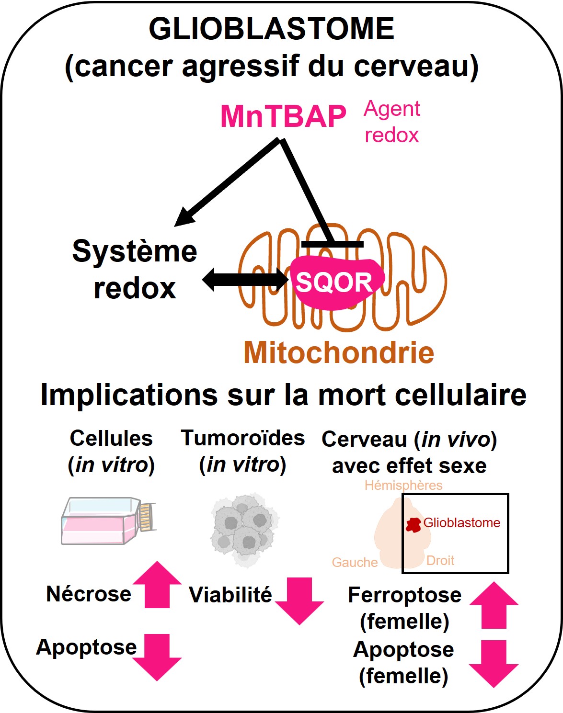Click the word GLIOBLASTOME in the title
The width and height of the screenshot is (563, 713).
point(271,29)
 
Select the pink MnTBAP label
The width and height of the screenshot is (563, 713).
point(283,116)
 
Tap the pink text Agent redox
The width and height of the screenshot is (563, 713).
point(392,122)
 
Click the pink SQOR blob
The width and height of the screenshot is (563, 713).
point(335,283)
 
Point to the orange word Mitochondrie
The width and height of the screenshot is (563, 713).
point(339,352)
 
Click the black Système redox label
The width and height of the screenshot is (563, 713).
point(135,270)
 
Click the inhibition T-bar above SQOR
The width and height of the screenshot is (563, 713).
point(332,244)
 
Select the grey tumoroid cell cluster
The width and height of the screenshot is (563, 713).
point(244,529)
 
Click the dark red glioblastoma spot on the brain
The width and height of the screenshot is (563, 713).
point(413,525)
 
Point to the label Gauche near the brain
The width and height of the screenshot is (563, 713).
point(355,562)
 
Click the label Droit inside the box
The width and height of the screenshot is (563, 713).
point(440,561)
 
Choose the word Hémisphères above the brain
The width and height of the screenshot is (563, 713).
point(403,485)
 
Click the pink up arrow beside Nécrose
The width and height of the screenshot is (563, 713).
point(157,585)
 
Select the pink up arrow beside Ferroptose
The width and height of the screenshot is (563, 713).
point(494,605)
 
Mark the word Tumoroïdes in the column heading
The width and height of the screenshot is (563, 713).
point(242,438)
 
